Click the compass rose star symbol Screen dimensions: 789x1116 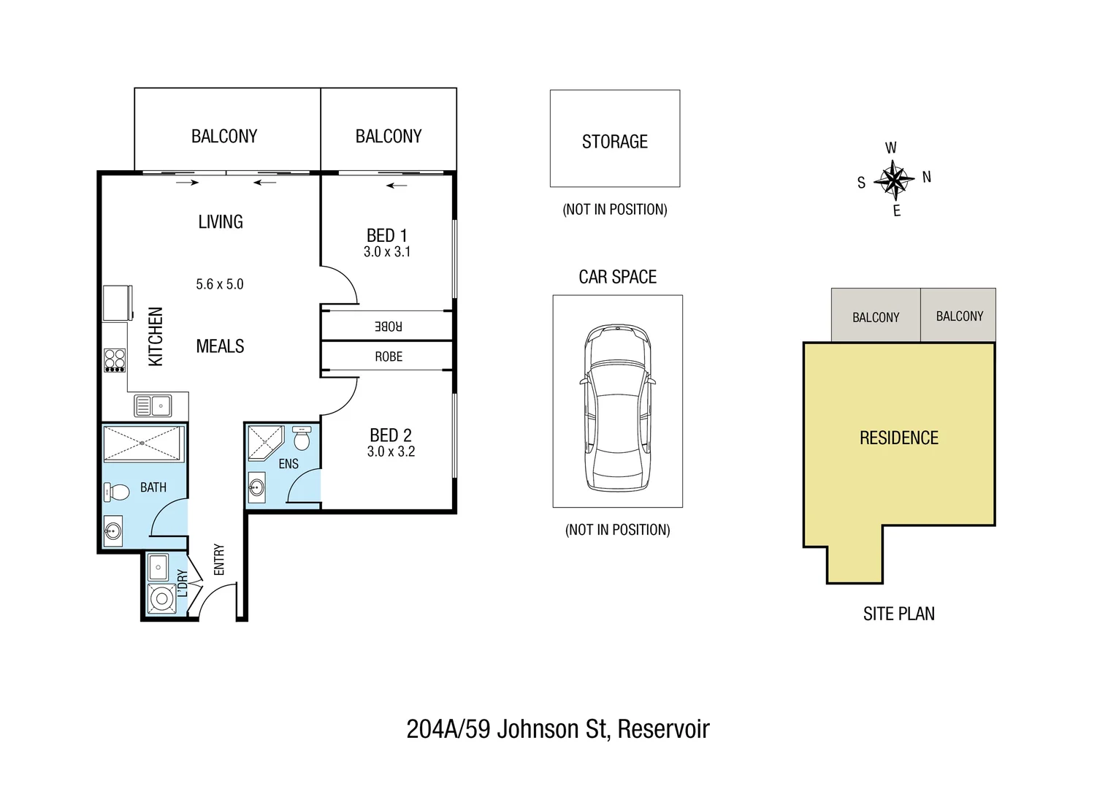(894, 179)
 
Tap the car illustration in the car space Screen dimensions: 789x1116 (617, 408)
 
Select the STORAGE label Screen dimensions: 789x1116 (614, 142)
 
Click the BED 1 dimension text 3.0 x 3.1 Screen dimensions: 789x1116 (387, 252)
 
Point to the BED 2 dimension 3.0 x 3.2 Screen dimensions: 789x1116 (391, 451)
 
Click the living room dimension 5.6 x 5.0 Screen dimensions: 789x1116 (219, 284)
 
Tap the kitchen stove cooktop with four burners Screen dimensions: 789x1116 (115, 360)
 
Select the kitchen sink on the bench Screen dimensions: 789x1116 (153, 405)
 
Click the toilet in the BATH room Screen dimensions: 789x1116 (116, 493)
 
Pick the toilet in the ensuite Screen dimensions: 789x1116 (301, 439)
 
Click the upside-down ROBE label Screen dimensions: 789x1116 (388, 326)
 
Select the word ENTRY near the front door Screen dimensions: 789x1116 (219, 560)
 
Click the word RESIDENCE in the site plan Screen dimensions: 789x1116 (898, 438)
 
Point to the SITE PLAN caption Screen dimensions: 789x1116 (898, 614)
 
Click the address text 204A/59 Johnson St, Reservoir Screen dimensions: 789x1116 (557, 728)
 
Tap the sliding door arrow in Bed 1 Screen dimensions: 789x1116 (397, 186)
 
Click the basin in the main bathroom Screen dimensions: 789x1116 (113, 530)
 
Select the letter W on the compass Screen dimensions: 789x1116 (890, 148)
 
